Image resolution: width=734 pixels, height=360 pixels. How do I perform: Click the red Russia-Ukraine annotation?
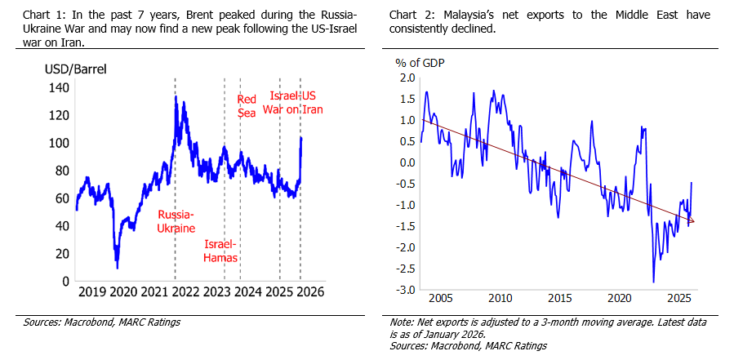tap(176, 221)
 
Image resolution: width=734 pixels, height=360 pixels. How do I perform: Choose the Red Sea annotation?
tap(247, 106)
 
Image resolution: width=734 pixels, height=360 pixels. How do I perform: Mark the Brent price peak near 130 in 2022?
tap(176, 96)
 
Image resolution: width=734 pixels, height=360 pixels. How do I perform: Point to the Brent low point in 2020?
tap(116, 267)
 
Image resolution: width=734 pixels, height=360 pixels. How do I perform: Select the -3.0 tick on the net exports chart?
tap(405, 290)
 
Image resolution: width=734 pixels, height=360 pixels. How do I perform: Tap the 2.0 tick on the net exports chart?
tap(407, 78)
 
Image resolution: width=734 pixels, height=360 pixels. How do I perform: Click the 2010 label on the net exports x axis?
tap(500, 299)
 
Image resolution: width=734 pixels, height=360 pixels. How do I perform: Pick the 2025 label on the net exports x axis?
tap(680, 299)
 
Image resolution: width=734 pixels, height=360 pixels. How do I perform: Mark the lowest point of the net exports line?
tap(654, 282)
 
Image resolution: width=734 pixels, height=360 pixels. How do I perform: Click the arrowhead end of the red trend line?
tap(694, 221)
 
